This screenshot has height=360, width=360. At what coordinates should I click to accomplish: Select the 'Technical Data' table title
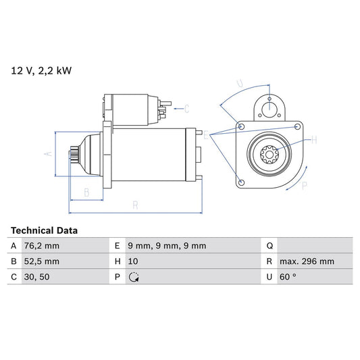coord(44,230)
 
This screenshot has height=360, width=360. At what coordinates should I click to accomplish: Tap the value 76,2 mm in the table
coord(42,246)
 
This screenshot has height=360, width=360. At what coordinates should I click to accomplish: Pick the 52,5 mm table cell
coord(42,261)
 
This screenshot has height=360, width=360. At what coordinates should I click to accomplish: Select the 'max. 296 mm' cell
coord(308,261)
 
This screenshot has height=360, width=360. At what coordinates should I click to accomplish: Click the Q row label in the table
coord(269,246)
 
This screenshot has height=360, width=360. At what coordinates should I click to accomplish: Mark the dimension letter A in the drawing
coord(47,154)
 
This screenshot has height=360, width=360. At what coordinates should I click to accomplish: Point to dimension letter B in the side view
coord(86,192)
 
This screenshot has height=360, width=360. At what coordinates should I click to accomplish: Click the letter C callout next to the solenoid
coord(186,108)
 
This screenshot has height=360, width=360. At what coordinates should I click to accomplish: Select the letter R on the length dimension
coord(136,204)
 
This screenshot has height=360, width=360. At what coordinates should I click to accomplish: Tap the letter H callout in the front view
coord(314,140)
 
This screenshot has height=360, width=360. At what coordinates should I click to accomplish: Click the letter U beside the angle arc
coord(240,85)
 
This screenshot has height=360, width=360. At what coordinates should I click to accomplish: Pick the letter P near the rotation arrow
coord(304,184)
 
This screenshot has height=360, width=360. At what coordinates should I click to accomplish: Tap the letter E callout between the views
coord(207,136)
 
